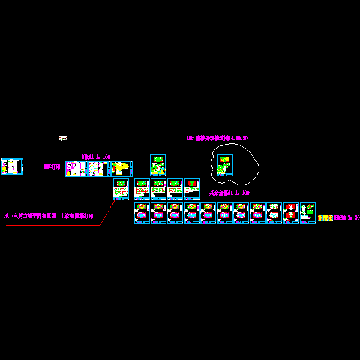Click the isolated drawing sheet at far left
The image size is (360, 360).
coord(12,166)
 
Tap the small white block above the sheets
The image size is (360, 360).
coord(63,138)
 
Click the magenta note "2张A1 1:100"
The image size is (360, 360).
coord(95,157)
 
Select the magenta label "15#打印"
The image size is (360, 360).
coord(52,167)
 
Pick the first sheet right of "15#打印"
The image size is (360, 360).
coord(76,169)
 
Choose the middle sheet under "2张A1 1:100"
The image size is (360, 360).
coord(98,169)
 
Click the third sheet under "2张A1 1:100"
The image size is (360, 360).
coord(121,169)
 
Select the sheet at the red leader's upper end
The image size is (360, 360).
coord(121,189)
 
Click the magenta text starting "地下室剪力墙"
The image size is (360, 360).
coord(49,215)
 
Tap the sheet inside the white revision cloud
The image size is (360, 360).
coord(224,165)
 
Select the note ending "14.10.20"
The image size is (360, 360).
coord(217,138)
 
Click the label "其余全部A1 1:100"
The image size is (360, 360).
coord(229,193)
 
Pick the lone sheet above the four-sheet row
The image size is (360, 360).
coord(158,165)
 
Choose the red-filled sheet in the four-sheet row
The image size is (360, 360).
coord(192,189)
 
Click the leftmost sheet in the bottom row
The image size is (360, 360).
coord(142,212)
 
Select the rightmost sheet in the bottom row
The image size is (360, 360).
coord(308,212)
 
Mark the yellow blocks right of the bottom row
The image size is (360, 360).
coord(325,218)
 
